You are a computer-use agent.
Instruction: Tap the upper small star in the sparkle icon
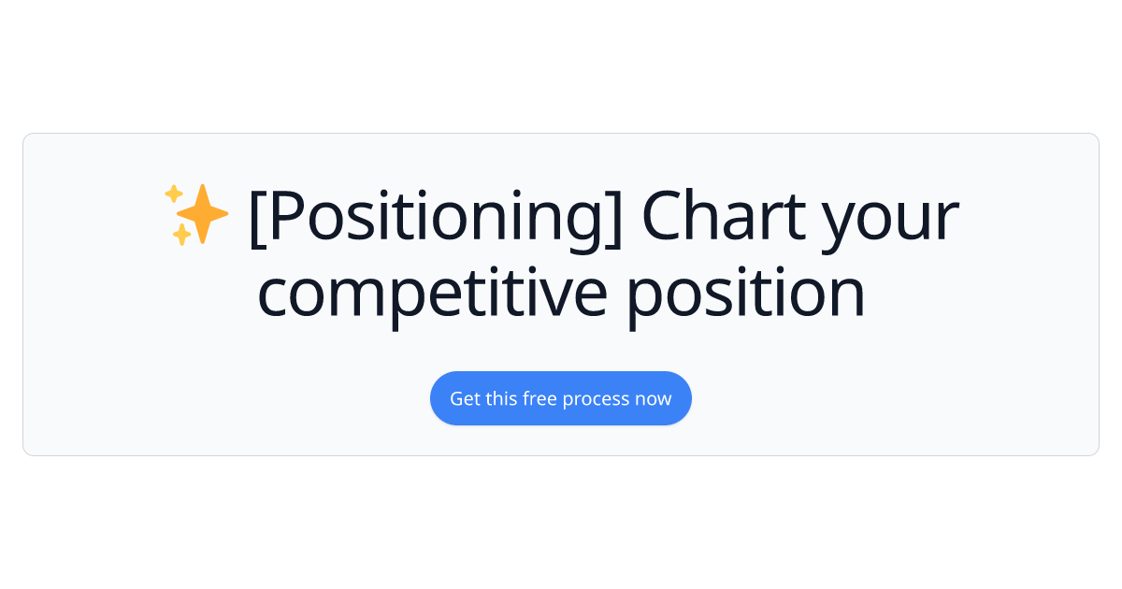[173, 194]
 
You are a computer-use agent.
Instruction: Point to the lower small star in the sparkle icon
[180, 236]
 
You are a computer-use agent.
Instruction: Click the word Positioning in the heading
[435, 217]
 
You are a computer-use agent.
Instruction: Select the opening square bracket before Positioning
[257, 217]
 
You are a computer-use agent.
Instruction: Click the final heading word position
[745, 294]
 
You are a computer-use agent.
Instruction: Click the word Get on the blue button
[465, 398]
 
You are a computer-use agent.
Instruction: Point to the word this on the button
[502, 398]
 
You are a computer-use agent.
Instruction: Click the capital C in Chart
[659, 217]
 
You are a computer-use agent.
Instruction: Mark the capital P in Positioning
[283, 217]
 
